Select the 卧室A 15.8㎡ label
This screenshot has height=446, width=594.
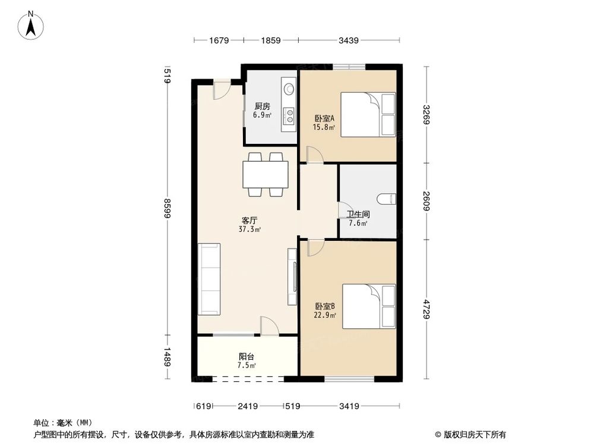tap(325, 121)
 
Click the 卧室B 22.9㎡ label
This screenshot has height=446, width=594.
tap(325, 310)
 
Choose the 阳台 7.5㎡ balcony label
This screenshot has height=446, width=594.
tap(247, 361)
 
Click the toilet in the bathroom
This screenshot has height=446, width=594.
tap(387, 198)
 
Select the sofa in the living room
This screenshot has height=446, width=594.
tap(210, 278)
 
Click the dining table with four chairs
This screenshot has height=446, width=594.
tap(266, 174)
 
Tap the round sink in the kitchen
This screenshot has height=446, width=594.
tap(289, 89)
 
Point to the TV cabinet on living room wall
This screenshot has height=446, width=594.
tap(292, 277)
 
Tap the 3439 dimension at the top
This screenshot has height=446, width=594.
tap(348, 40)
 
